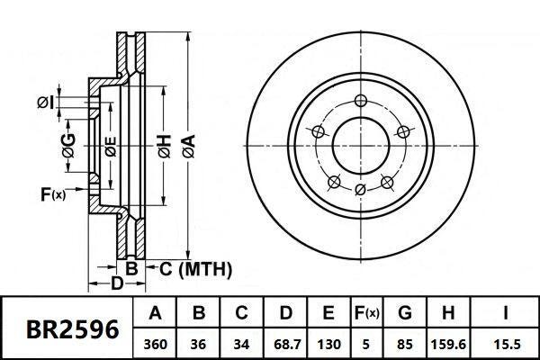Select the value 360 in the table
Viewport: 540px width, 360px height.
[x=155, y=343]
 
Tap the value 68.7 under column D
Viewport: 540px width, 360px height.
[x=285, y=343]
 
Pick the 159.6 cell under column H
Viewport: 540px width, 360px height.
[x=449, y=343]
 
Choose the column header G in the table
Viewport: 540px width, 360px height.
[x=404, y=313]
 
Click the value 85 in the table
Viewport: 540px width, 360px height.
[x=404, y=343]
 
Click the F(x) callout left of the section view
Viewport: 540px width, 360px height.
[x=53, y=193]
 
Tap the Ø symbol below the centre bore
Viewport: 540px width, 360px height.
[x=360, y=189]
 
